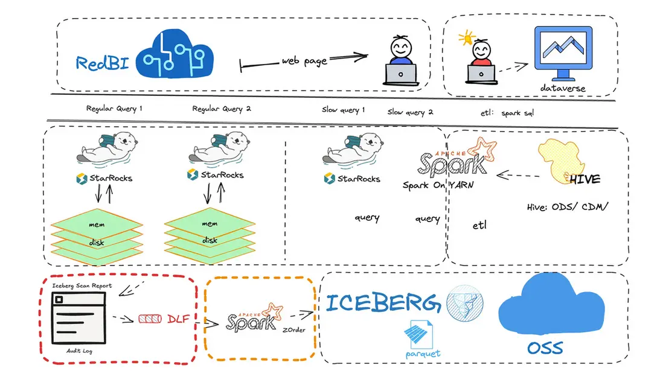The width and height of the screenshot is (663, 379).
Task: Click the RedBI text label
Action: [x=101, y=63]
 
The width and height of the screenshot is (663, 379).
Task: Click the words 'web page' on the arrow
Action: [x=304, y=61]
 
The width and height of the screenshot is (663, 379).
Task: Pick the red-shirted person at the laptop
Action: [x=481, y=60]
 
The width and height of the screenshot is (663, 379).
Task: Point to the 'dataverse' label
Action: [x=562, y=89]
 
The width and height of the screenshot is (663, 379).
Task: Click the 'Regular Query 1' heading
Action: [x=114, y=109]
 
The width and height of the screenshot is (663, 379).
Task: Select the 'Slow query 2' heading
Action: [x=410, y=112]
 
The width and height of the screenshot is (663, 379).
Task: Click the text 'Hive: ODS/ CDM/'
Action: [x=568, y=207]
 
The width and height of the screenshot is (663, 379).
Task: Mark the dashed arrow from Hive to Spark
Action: [x=517, y=177]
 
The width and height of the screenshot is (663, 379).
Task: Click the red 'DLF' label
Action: [x=179, y=319]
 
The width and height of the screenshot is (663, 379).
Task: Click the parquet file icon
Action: [x=421, y=334]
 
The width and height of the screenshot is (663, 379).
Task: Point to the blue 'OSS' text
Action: [x=545, y=348]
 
